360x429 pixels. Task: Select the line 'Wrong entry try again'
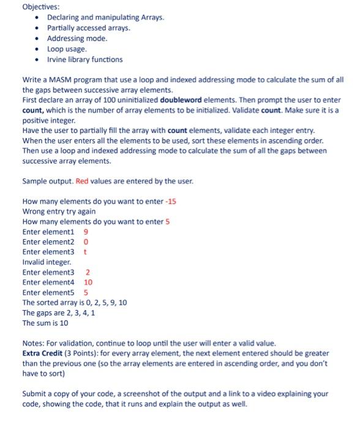pyautogui.click(x=59, y=211)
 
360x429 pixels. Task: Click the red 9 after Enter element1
pyautogui.click(x=86, y=232)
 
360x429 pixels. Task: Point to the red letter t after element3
pyautogui.click(x=85, y=252)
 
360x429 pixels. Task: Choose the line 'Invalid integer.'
pyautogui.click(x=47, y=262)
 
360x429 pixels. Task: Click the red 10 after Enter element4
pyautogui.click(x=88, y=283)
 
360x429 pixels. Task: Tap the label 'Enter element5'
pyautogui.click(x=48, y=292)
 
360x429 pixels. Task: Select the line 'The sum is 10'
pyautogui.click(x=45, y=323)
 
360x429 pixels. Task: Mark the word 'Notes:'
pyautogui.click(x=34, y=343)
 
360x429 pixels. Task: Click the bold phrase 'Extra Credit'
pyautogui.click(x=43, y=354)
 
